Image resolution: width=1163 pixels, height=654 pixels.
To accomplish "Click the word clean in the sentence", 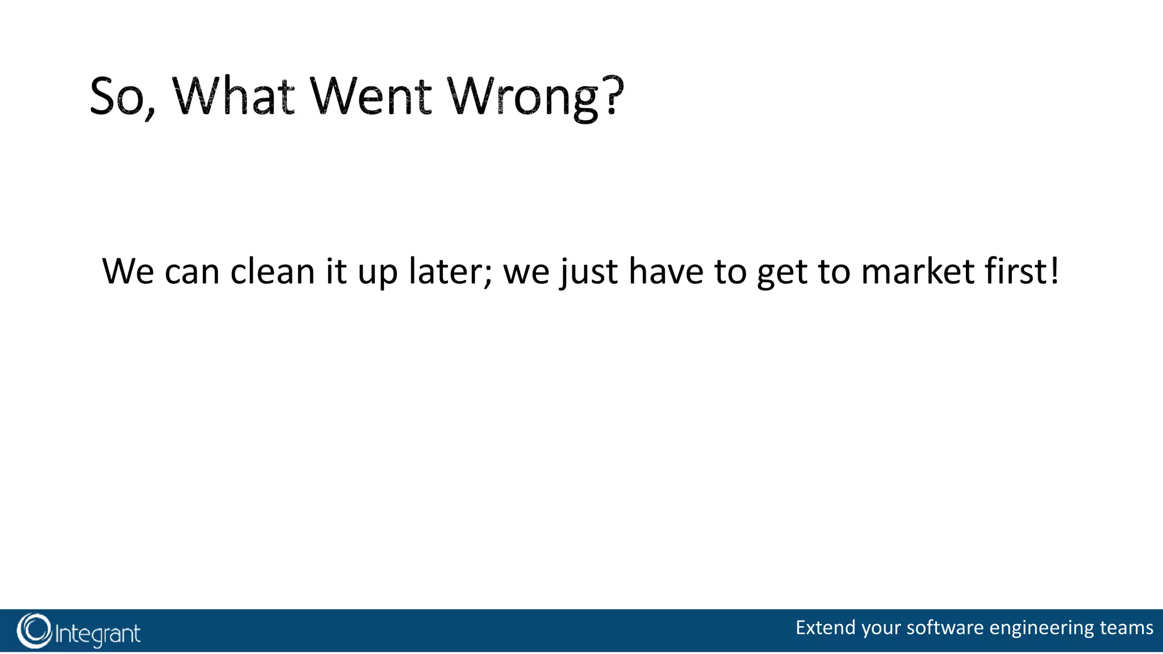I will pyautogui.click(x=272, y=271).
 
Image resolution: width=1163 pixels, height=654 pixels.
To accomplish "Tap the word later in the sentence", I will pyautogui.click(x=446, y=271).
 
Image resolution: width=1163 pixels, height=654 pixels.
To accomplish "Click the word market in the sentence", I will pyautogui.click(x=917, y=271).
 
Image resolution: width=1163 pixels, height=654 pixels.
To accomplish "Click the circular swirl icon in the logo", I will pyautogui.click(x=34, y=631).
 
